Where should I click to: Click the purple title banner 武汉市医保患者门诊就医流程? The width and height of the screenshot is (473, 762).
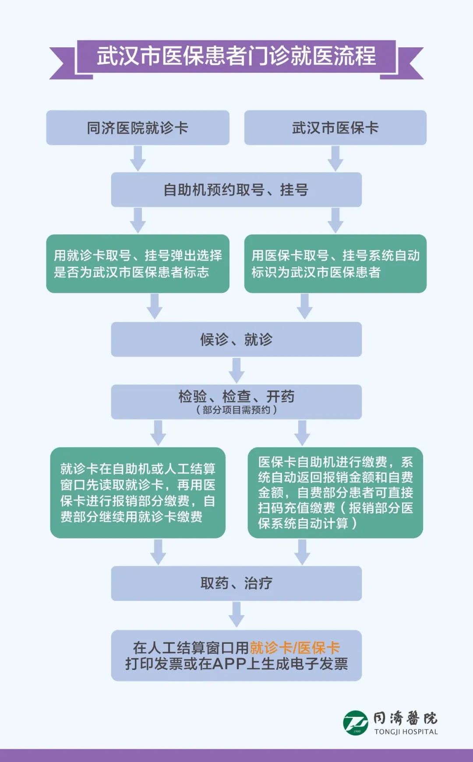[x=236, y=57]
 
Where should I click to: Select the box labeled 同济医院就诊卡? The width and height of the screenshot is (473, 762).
[x=138, y=128]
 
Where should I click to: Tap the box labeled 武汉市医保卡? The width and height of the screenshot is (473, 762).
[x=335, y=128]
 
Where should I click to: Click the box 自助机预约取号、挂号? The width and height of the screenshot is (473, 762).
[x=236, y=190]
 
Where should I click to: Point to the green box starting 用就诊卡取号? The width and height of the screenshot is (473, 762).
[x=138, y=263]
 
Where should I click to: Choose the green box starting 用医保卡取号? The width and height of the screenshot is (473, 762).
[x=335, y=263]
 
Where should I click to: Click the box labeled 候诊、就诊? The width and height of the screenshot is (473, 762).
[x=236, y=339]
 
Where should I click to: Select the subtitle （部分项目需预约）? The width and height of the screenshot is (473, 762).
[x=236, y=410]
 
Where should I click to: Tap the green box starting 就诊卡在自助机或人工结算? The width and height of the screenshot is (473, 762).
[x=138, y=493]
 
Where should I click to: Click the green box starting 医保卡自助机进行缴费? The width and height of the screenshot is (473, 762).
[x=335, y=493]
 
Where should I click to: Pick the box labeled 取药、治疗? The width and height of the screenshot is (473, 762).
[x=236, y=583]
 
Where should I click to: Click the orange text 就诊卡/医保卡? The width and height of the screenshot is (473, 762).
[x=295, y=648]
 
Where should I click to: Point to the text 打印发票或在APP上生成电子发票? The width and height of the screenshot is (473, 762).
[x=236, y=664]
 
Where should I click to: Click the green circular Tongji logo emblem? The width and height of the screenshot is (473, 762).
[x=355, y=723]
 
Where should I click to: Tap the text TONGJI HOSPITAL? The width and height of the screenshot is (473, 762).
[x=406, y=731]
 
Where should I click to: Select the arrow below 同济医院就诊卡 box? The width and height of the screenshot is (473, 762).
[x=138, y=158]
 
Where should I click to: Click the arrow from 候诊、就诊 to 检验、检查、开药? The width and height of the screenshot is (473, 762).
[x=236, y=370]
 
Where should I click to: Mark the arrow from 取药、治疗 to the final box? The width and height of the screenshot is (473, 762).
[x=236, y=615]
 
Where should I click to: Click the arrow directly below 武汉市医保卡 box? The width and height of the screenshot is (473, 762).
[x=335, y=158]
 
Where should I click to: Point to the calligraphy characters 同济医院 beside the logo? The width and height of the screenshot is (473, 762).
[x=405, y=718]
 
